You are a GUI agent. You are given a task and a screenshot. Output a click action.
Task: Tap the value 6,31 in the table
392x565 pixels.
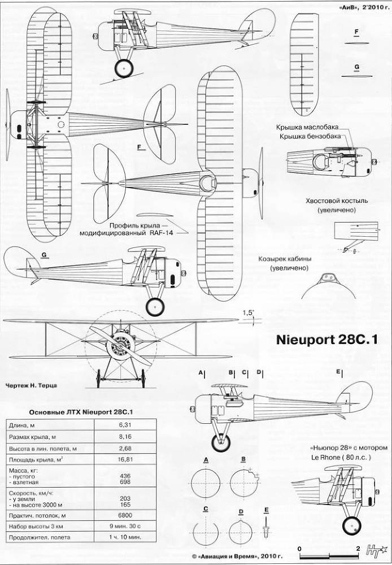pyautogui.click(x=125, y=424)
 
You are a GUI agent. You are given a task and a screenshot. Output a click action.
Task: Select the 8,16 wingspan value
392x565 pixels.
pyautogui.click(x=125, y=437)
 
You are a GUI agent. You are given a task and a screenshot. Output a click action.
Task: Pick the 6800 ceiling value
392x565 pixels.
pyautogui.click(x=125, y=515)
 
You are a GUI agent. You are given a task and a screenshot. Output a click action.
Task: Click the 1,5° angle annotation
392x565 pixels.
pyautogui.click(x=248, y=313)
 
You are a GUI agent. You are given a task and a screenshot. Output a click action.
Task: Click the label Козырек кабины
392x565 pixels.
pyautogui.click(x=285, y=259)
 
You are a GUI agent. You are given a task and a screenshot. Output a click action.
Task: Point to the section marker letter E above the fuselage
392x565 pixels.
pyautogui.click(x=338, y=372)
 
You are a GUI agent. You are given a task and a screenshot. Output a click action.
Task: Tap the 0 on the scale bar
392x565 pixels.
pyautogui.click(x=299, y=549)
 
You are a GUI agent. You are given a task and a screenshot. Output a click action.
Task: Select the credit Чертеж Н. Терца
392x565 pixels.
pyautogui.click(x=31, y=386)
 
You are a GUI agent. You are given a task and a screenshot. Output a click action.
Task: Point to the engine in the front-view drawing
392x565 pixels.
pyautogui.click(x=120, y=344)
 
